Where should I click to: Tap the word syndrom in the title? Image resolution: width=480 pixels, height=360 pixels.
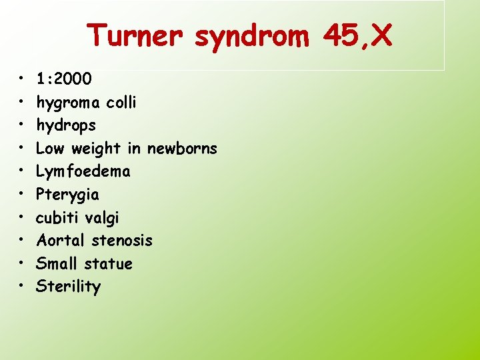(x=252, y=37)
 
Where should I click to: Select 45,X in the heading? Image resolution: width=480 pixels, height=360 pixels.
(x=358, y=35)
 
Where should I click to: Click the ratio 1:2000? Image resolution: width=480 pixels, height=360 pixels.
(x=65, y=79)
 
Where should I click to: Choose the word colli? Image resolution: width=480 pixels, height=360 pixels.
(x=121, y=102)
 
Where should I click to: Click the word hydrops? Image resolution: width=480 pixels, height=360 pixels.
(x=66, y=126)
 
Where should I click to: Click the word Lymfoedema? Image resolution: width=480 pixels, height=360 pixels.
(x=83, y=171)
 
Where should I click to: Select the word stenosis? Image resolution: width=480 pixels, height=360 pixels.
(x=122, y=240)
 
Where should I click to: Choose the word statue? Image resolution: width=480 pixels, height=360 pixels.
(x=109, y=263)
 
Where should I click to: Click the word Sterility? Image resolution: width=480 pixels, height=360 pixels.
(x=69, y=287)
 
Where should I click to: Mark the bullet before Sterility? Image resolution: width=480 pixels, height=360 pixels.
(x=22, y=287)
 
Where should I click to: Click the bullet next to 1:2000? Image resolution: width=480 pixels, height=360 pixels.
(x=22, y=79)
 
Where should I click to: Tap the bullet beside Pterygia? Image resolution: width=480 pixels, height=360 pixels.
(x=22, y=195)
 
